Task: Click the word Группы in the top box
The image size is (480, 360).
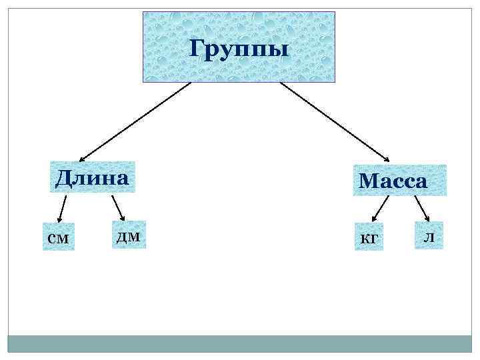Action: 239,48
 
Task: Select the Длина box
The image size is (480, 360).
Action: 92,177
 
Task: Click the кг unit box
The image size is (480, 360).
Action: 369,237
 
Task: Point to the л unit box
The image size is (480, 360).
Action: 429,235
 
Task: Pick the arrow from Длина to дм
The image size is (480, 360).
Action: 118,207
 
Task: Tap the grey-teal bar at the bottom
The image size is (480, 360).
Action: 239,343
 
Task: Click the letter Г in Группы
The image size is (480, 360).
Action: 197,48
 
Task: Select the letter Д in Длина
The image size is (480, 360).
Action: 64,178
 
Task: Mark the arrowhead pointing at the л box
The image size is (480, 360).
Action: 427,217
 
